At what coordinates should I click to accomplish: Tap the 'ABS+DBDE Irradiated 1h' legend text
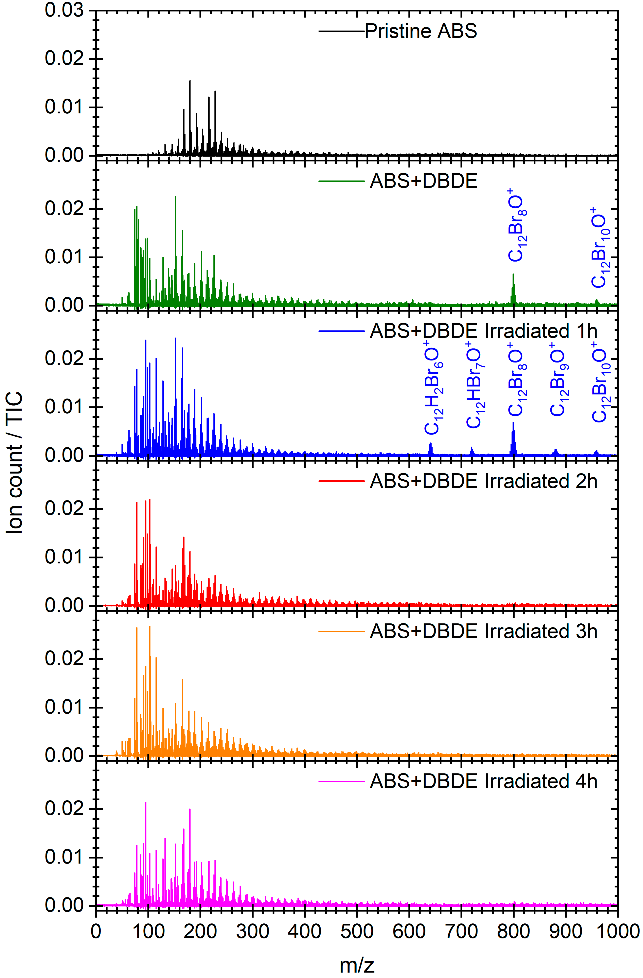483,331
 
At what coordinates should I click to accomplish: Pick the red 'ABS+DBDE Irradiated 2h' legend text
483,481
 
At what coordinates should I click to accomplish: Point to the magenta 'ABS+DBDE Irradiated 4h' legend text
483,781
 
